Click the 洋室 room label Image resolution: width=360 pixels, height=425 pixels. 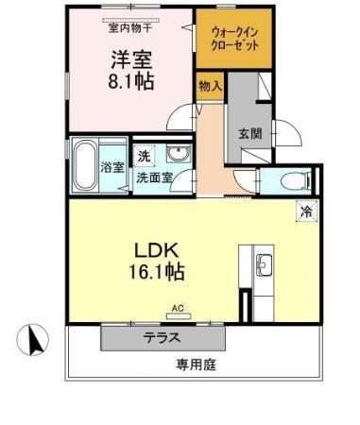[x=130, y=56]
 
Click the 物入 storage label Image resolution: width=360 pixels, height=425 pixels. [x=210, y=86]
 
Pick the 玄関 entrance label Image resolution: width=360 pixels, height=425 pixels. [x=249, y=132]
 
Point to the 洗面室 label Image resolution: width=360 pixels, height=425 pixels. [x=153, y=177]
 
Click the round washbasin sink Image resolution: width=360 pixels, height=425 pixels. [x=176, y=156]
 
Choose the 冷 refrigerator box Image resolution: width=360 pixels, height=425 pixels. [x=306, y=212]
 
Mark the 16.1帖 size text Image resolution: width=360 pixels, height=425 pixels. [x=157, y=273]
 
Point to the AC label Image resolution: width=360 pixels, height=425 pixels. [x=177, y=307]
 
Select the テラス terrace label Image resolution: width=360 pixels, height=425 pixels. [x=163, y=337]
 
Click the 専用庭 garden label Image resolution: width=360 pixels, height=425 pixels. [x=196, y=364]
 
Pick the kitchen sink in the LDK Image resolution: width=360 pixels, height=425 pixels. [x=261, y=263]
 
